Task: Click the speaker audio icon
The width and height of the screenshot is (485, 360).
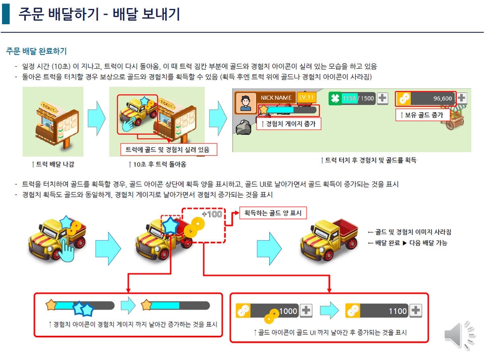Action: click(x=459, y=335)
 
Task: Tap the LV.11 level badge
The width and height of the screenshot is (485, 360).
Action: click(x=306, y=97)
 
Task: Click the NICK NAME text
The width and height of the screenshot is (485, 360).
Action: click(x=276, y=98)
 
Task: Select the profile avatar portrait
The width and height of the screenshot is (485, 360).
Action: click(x=246, y=103)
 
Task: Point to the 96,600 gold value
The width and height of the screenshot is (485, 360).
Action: click(x=443, y=99)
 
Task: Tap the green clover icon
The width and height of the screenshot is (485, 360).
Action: click(x=334, y=99)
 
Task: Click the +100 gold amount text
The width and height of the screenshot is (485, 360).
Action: click(x=212, y=214)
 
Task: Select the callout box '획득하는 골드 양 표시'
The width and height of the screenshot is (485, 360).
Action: click(x=273, y=213)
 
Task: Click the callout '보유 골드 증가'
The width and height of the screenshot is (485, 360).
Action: click(x=424, y=115)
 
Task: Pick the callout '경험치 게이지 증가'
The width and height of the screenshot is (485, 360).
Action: click(x=288, y=124)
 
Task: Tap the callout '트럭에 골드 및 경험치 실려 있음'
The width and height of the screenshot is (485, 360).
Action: click(x=169, y=150)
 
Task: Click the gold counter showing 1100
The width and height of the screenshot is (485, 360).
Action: click(x=383, y=310)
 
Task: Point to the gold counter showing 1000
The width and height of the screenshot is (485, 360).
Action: click(x=274, y=311)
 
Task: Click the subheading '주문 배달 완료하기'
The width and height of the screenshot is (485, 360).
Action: click(x=36, y=51)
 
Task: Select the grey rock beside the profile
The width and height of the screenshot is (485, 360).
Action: click(x=244, y=127)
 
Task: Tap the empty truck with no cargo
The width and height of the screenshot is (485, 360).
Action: click(x=328, y=239)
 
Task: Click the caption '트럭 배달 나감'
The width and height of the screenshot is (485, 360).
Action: click(x=53, y=164)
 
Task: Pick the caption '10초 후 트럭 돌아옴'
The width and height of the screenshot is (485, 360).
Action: click(x=158, y=164)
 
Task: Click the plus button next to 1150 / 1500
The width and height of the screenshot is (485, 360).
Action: click(x=382, y=98)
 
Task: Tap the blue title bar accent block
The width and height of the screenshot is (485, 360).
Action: click(x=6, y=14)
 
